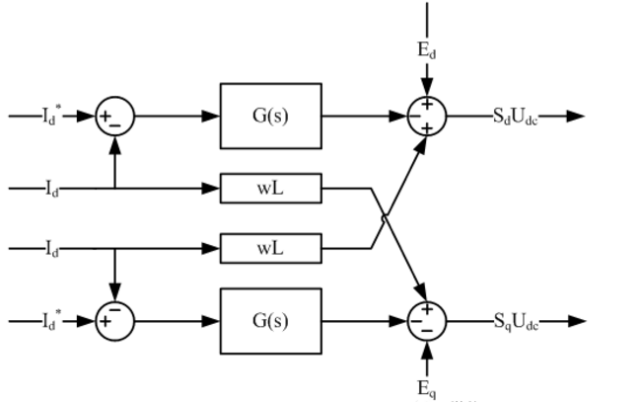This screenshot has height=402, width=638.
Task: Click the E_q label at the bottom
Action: tap(427, 388)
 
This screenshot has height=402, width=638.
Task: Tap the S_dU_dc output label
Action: tap(516, 116)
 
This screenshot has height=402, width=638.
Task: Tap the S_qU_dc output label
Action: tap(516, 321)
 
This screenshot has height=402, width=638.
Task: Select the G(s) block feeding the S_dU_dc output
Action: tap(271, 116)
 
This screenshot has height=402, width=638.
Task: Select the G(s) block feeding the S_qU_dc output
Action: tap(271, 321)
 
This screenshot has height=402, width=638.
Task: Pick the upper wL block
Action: tap(271, 186)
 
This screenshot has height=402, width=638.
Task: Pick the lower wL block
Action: tap(271, 247)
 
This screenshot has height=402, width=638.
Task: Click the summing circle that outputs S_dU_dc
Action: tap(427, 116)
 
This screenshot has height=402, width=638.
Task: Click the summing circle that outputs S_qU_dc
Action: tap(427, 321)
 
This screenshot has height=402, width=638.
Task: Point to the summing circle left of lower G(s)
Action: tap(114, 321)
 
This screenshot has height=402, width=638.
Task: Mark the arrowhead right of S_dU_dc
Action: tap(576, 116)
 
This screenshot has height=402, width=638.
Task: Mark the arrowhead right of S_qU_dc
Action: tap(578, 321)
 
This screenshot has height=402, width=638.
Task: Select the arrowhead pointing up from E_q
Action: tap(427, 347)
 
